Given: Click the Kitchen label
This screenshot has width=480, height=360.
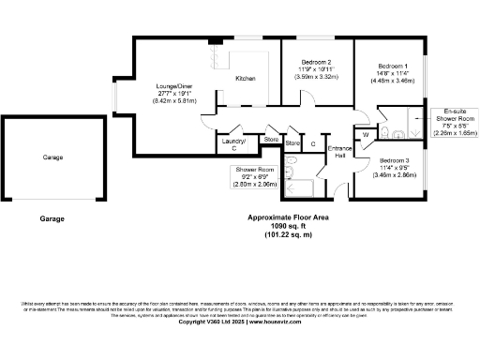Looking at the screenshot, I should click(x=246, y=78).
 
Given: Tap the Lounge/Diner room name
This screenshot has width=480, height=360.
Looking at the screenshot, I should click(x=176, y=87).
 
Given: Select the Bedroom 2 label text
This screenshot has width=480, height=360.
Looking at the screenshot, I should click(x=316, y=62).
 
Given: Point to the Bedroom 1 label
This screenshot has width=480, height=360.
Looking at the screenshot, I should click(x=393, y=66).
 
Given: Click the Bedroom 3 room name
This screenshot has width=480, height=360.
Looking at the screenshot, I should click(x=393, y=160).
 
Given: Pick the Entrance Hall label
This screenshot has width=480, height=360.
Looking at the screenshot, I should click(x=337, y=153).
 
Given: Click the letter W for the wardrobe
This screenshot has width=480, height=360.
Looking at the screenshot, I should click(x=367, y=134).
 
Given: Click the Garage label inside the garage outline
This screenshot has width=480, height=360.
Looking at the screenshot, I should click(x=52, y=157).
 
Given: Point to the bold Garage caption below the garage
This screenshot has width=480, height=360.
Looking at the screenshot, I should click(x=52, y=218).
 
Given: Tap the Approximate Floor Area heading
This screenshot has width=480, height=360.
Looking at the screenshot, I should click(x=288, y=217).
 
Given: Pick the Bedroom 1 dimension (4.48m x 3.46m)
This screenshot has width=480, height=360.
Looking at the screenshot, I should click(x=393, y=81).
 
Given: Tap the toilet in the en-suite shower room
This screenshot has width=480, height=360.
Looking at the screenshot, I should click(x=414, y=130).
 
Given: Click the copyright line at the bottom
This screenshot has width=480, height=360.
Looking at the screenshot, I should click(x=240, y=333).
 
